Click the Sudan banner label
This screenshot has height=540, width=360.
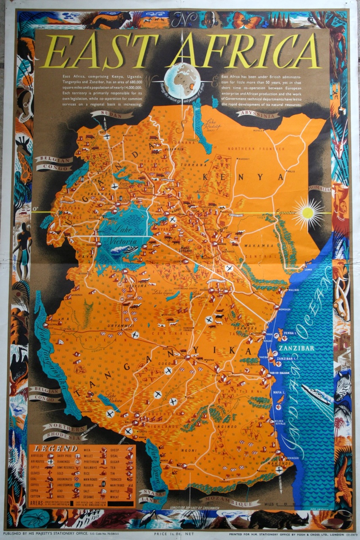pos(111,115)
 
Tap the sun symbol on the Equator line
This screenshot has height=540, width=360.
pos(308,213)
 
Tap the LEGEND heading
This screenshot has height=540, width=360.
pos(50,448)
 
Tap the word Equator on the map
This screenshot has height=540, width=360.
pos(286,213)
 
